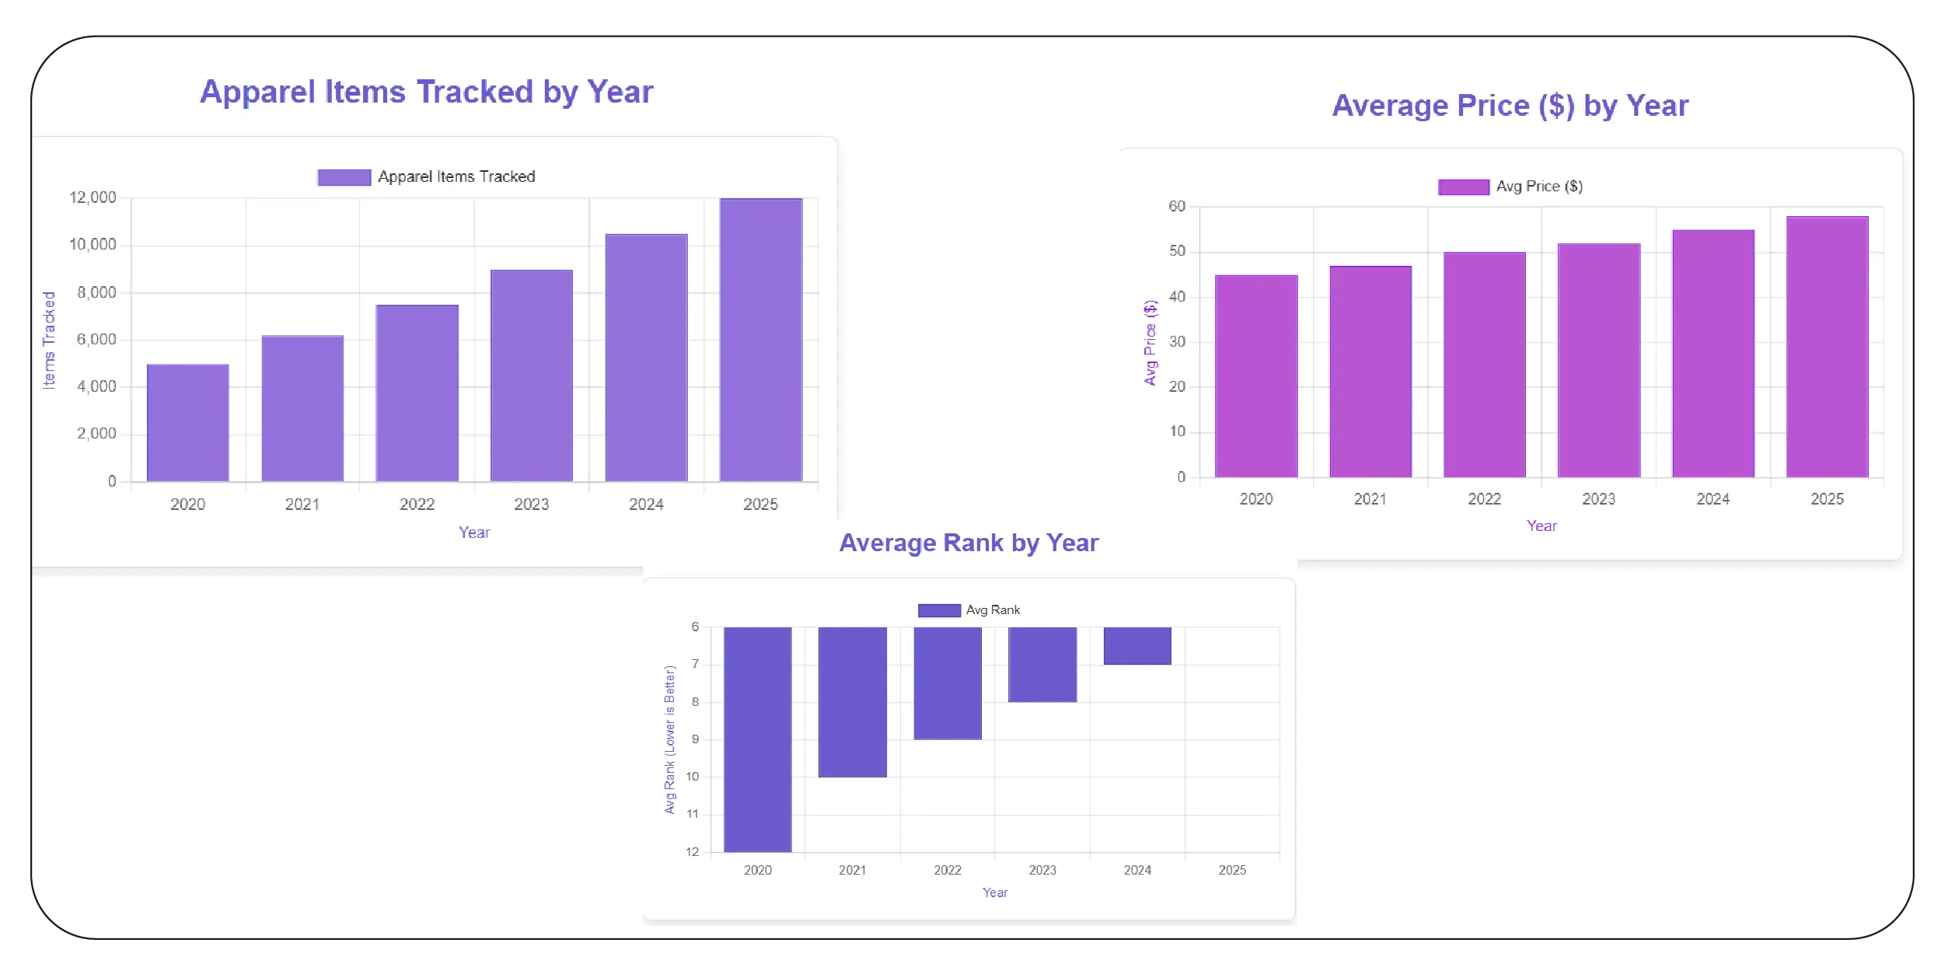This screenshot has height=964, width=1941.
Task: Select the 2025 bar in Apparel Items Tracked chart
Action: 760,340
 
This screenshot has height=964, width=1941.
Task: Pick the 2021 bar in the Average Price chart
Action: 1370,372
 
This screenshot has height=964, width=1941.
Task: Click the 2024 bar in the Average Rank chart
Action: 1136,645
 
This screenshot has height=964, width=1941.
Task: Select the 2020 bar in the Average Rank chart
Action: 757,739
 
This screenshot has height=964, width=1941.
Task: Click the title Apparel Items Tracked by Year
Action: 426,92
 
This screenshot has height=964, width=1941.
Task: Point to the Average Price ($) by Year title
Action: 1510,106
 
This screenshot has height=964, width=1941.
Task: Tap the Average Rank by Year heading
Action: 969,543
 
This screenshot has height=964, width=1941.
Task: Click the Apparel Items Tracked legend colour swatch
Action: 344,177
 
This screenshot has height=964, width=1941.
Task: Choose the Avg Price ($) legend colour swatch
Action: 1463,187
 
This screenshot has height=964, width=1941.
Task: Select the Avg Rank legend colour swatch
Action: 938,610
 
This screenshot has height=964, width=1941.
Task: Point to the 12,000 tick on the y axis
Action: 93,197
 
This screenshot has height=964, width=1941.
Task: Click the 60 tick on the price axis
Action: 1177,206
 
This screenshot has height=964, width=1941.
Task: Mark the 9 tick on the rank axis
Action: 695,739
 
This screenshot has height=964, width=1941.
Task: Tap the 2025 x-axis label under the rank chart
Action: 1231,870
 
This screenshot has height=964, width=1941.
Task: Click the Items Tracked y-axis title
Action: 49,340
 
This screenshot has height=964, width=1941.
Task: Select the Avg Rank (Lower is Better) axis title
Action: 669,739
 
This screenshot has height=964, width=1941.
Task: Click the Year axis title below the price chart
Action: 1541,526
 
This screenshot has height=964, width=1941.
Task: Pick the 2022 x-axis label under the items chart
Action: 417,505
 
